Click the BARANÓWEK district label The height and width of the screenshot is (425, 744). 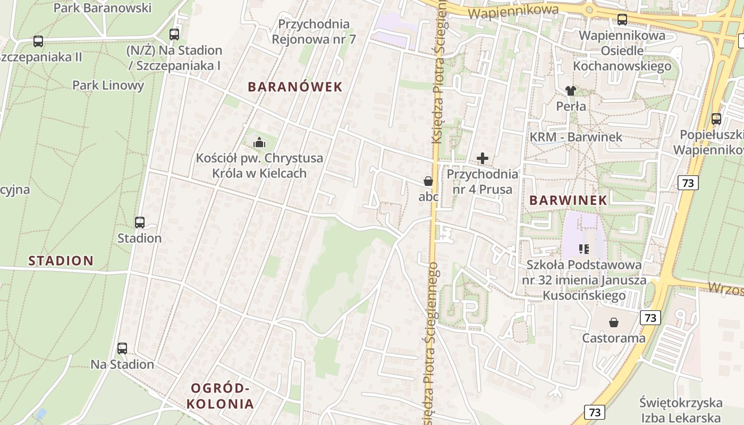[x=295, y=87]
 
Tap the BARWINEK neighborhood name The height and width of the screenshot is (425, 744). [x=568, y=200]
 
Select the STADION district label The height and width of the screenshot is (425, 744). [x=61, y=260]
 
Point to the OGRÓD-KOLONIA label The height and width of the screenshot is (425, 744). [x=220, y=396]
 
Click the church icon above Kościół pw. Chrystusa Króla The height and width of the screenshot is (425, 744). [x=259, y=142]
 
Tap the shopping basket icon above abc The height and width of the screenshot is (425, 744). [x=428, y=181]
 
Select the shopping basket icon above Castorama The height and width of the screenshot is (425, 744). [x=614, y=322]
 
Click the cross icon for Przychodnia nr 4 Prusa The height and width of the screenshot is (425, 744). [x=483, y=158]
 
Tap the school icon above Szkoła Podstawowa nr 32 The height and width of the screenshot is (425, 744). [x=584, y=249]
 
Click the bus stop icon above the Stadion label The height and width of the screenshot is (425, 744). [x=140, y=223]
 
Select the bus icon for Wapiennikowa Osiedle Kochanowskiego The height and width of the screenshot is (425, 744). [x=622, y=20]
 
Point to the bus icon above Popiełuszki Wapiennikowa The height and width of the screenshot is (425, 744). [x=716, y=119]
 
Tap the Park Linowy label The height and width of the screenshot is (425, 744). [x=108, y=85]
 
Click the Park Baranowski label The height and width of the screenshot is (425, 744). [x=103, y=8]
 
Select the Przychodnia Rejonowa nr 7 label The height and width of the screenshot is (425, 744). [x=314, y=31]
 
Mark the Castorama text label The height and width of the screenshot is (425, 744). [x=614, y=338]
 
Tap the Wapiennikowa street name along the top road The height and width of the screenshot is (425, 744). [x=514, y=11]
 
